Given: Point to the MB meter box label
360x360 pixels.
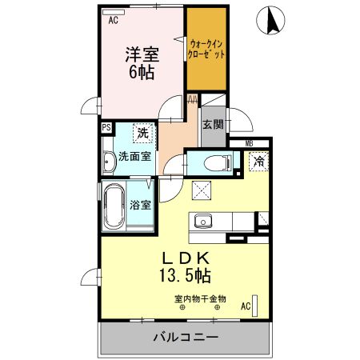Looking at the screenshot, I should [x=249, y=144].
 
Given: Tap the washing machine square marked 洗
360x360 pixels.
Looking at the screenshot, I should [x=142, y=132].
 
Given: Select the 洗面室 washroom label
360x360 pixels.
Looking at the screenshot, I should [x=134, y=157].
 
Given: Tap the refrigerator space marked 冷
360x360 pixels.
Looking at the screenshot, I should [x=258, y=162].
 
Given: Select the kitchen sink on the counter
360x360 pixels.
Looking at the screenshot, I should [x=202, y=222].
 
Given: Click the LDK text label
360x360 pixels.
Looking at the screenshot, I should [x=186, y=260].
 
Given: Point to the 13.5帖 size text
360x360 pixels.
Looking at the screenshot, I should [x=186, y=277].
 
